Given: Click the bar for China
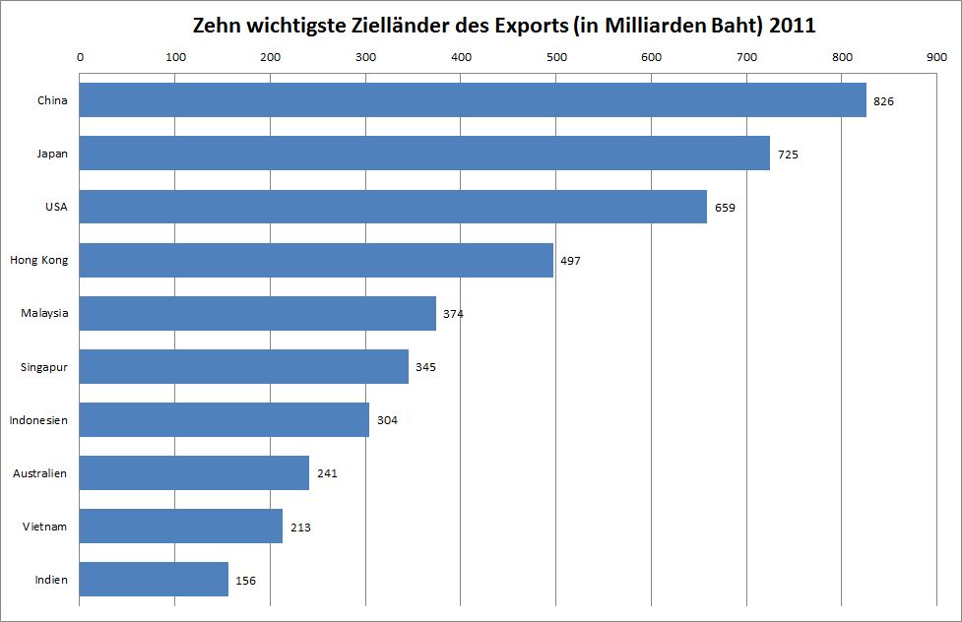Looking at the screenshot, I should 473,100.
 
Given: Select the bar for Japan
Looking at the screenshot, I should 424,154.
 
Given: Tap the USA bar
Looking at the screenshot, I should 393,207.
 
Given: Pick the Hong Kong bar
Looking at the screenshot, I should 316,260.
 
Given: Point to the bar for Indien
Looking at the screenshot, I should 154,579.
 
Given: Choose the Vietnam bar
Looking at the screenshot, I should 181,526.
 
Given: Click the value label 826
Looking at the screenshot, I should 883,101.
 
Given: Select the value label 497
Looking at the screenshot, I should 570,261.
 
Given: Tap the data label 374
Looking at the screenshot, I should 453,314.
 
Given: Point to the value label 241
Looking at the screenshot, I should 327,473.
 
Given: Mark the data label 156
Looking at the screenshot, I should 245,581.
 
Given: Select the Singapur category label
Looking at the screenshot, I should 43,367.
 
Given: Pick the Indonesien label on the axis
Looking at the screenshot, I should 38,420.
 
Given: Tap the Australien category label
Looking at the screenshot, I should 39,473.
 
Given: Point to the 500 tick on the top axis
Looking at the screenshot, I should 555,56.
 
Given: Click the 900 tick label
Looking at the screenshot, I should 936,56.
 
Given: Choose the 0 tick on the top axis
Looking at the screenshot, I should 80,56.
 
